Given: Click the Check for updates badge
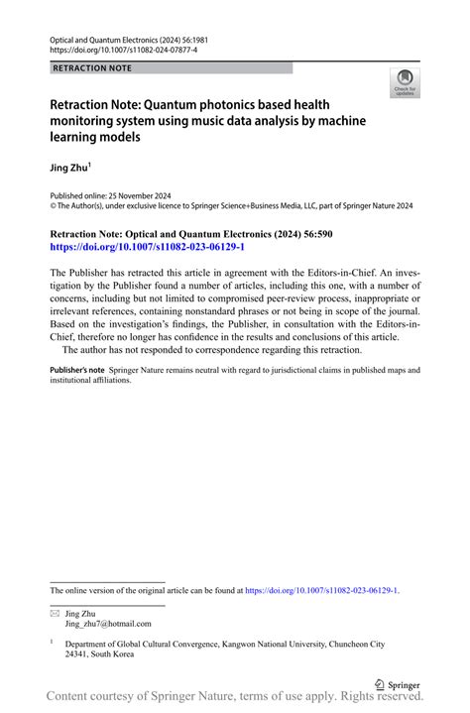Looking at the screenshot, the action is [x=404, y=84].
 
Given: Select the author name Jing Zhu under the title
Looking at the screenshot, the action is [x=69, y=169].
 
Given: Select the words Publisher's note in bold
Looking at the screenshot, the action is [x=77, y=370].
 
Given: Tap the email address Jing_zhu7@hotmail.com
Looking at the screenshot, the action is [x=107, y=625].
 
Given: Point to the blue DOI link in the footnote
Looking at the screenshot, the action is [x=321, y=590].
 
